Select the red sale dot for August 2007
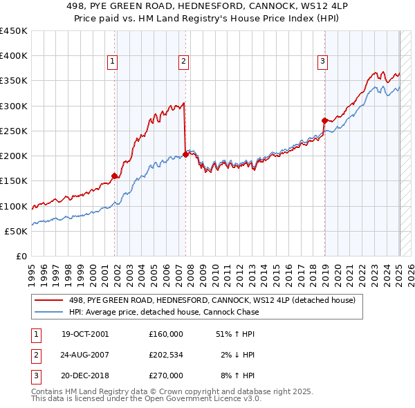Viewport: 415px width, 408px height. [185, 154]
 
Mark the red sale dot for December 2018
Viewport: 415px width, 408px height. [324, 120]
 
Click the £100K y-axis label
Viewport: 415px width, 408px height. [14, 206]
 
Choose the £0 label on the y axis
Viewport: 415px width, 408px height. [22, 256]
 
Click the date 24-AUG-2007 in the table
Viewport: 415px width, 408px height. [85, 355]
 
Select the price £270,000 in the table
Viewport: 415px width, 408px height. [166, 375]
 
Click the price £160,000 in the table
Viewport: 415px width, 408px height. [166, 334]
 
